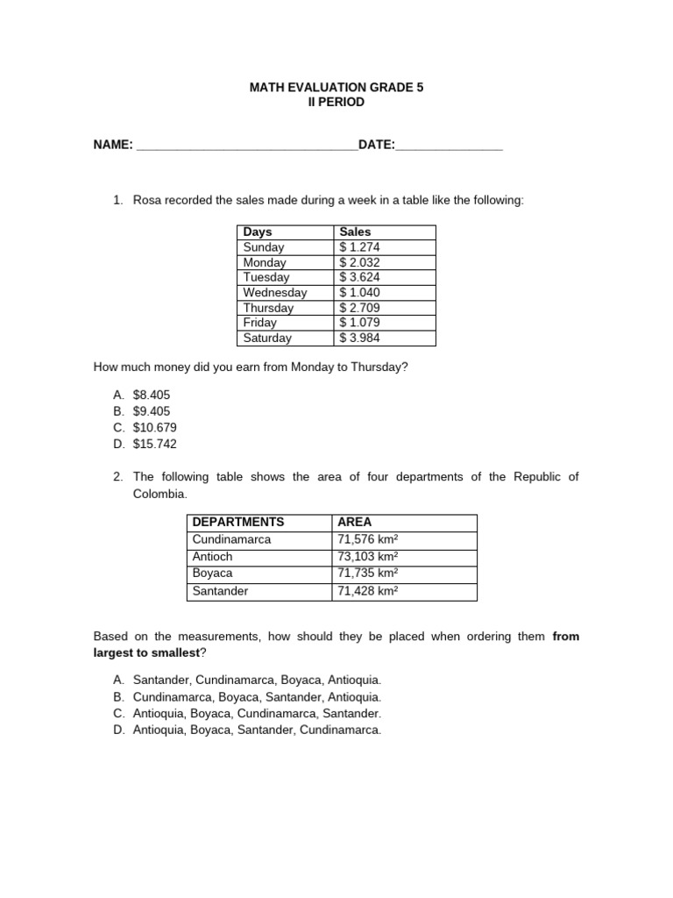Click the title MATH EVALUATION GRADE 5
click(x=336, y=88)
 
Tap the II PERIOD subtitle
click(x=336, y=103)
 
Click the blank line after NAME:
click(x=247, y=146)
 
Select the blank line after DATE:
click(x=450, y=146)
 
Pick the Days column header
click(x=258, y=232)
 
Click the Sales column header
click(x=356, y=232)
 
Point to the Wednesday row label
click(x=275, y=293)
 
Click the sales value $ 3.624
click(x=360, y=277)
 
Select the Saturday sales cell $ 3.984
click(x=360, y=338)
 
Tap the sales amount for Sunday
click(x=360, y=247)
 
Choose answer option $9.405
click(x=152, y=411)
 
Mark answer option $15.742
click(x=155, y=444)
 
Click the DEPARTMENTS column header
click(x=238, y=522)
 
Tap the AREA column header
click(x=355, y=522)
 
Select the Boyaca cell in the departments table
click(x=213, y=574)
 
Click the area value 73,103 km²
click(x=368, y=556)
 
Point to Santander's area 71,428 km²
click(x=368, y=591)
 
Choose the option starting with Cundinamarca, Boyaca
click(x=257, y=697)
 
